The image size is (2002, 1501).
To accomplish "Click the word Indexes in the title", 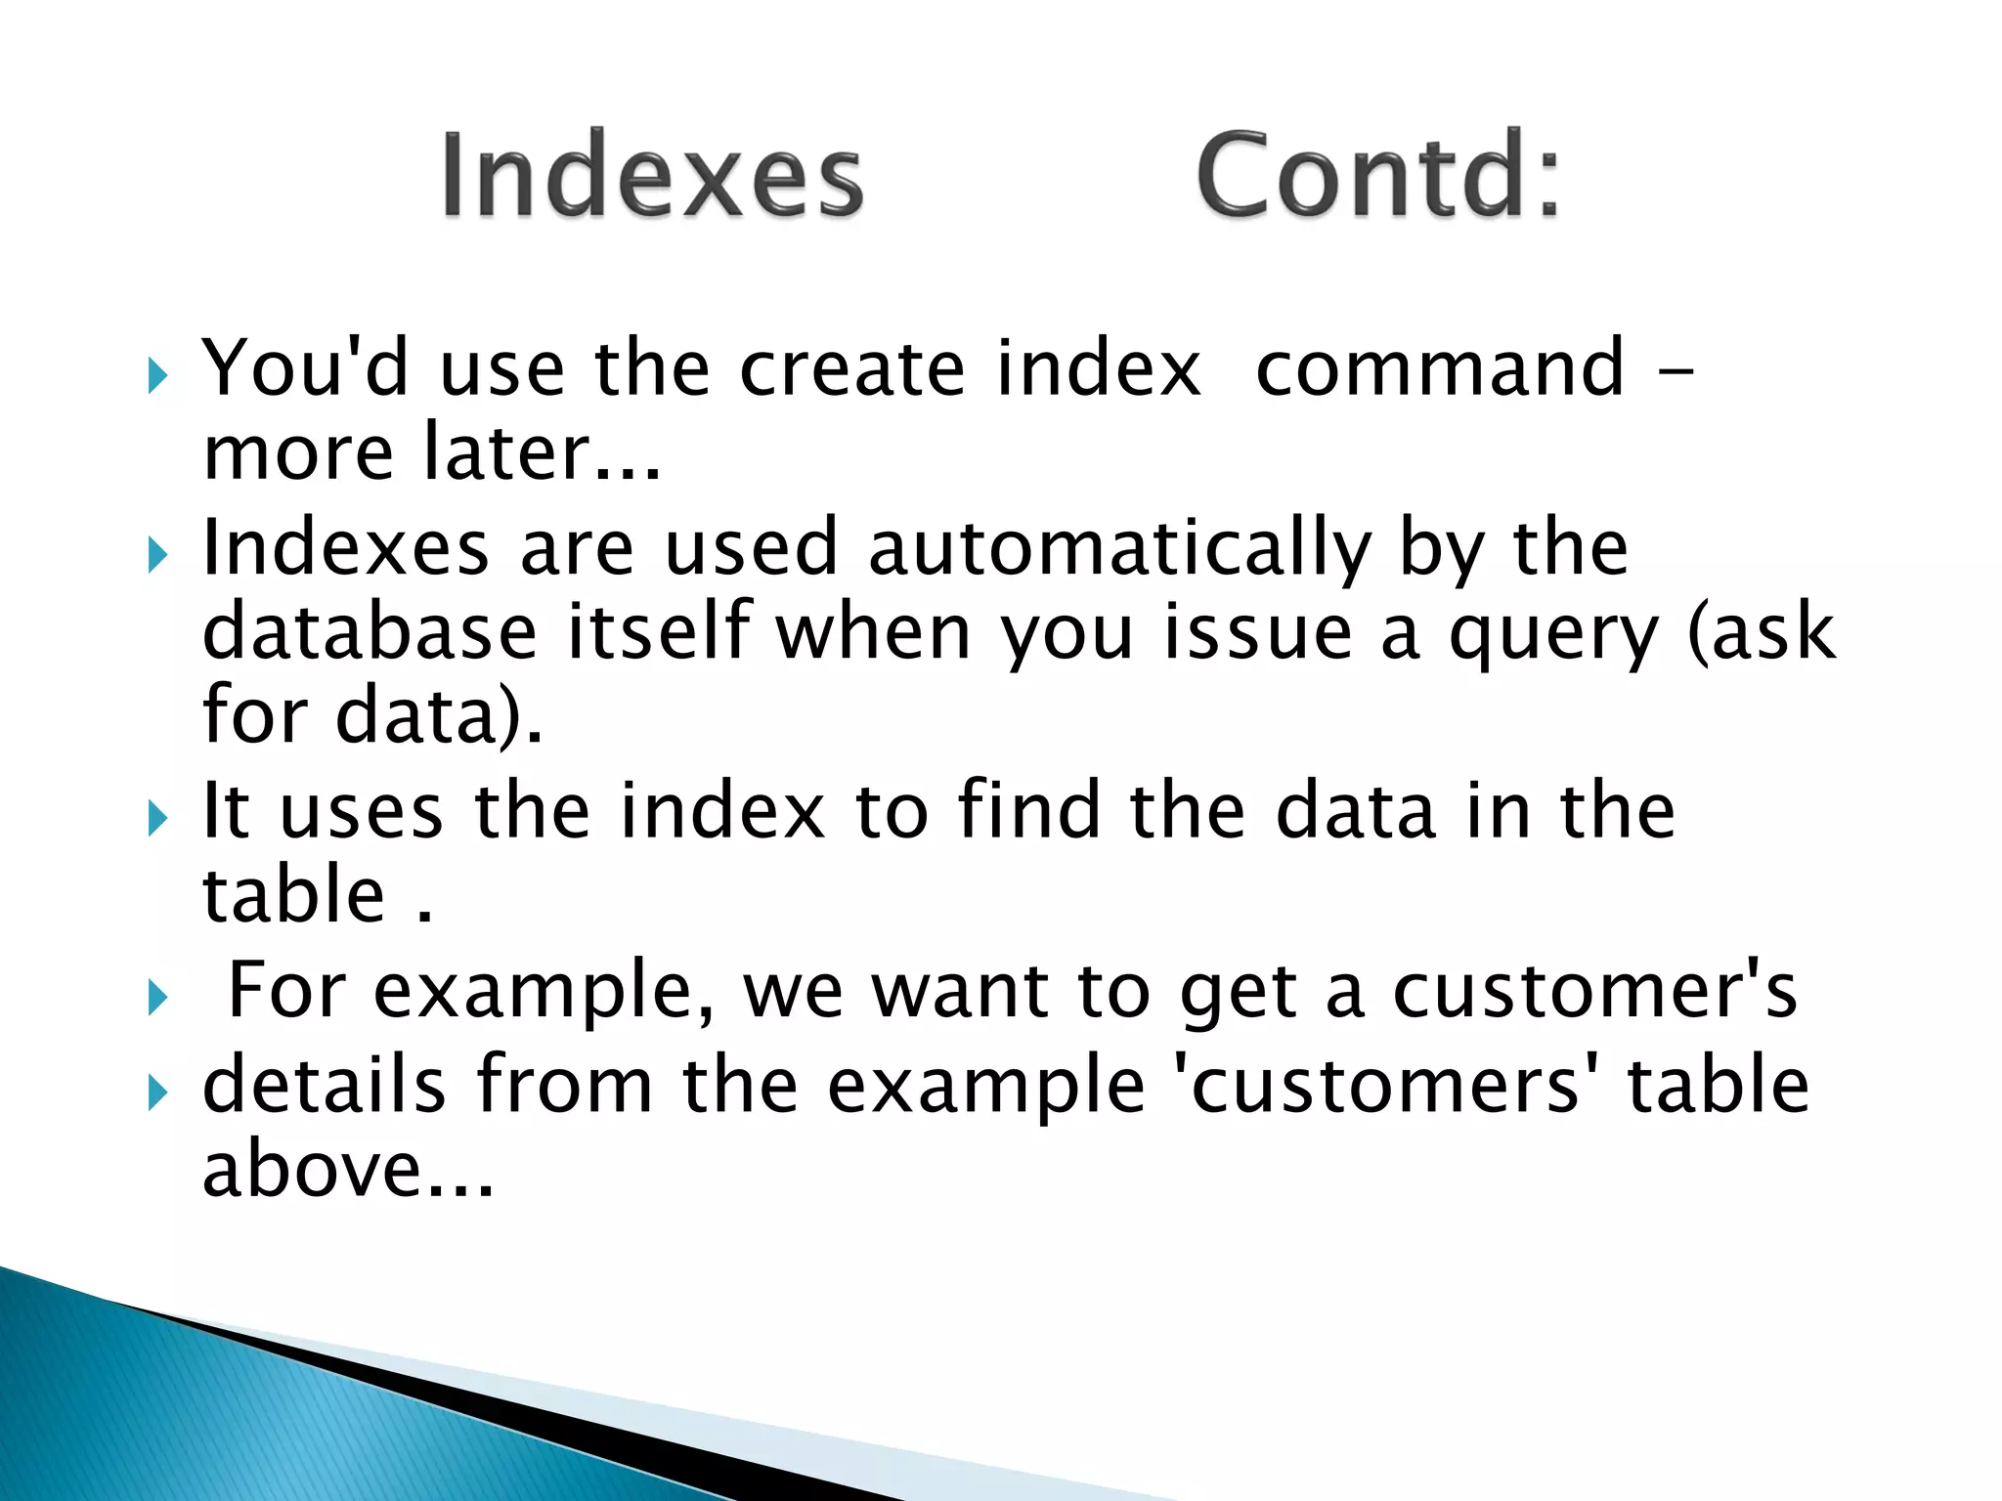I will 652,176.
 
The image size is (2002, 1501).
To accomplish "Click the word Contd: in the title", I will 1377,176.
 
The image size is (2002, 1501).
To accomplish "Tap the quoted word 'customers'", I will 1385,1086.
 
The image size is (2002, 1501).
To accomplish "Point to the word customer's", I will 1594,991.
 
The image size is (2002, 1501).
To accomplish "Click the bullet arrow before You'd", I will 157,375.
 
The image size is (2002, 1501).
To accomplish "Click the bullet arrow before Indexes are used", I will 157,555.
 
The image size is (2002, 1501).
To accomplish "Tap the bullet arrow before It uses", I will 157,818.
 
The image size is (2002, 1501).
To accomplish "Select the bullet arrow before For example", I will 157,998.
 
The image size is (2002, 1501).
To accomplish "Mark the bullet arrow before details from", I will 157,1093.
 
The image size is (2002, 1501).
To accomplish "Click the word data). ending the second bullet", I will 439,716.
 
